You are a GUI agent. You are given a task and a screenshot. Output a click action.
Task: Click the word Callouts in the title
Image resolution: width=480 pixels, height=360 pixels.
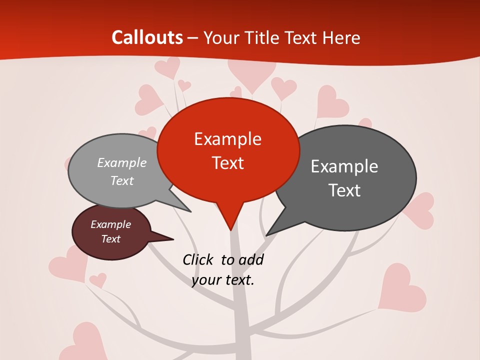(147, 38)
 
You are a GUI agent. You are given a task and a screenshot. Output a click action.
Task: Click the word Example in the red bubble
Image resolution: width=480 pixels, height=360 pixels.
(227, 139)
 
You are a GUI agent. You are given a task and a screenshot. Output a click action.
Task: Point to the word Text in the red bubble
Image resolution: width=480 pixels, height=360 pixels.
(227, 163)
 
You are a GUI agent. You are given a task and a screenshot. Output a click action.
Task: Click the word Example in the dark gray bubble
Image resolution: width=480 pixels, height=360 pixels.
(344, 166)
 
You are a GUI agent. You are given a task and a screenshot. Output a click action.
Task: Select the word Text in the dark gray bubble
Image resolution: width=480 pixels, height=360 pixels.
(344, 190)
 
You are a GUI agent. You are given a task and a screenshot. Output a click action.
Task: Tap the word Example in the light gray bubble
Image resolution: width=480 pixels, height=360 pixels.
(122, 163)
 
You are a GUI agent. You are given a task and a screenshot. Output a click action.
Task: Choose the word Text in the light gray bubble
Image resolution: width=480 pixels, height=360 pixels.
(122, 181)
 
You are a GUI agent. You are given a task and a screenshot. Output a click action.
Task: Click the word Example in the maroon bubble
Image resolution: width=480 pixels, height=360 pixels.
(111, 225)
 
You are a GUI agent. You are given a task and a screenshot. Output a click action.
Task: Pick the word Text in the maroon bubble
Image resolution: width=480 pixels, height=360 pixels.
(111, 239)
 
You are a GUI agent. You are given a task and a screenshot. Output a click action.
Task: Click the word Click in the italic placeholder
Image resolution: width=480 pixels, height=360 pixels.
(198, 259)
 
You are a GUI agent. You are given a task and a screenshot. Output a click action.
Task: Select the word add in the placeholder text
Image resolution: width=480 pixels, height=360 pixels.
(251, 259)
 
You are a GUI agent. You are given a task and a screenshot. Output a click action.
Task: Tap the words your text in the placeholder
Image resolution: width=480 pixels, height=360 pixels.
(223, 280)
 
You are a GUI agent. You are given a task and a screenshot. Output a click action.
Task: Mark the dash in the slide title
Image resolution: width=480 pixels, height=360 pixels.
(193, 38)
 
